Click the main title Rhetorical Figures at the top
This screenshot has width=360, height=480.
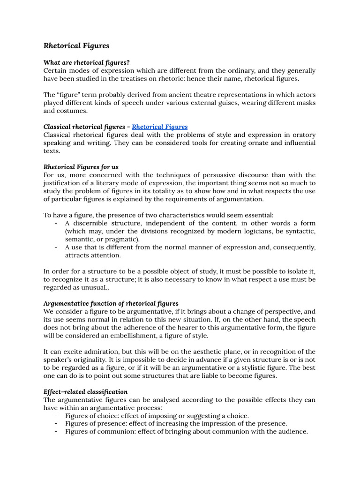tap(76, 45)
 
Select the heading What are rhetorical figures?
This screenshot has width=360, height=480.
tap(87, 62)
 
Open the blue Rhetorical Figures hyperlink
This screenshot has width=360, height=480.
tap(160, 127)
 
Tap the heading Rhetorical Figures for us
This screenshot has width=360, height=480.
tap(81, 167)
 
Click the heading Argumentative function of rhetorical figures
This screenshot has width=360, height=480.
tap(111, 303)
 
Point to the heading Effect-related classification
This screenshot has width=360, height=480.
tap(85, 391)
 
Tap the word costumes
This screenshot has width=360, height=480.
tap(72, 111)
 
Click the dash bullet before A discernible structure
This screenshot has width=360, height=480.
tap(56, 224)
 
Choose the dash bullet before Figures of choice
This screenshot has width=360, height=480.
tap(56, 416)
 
